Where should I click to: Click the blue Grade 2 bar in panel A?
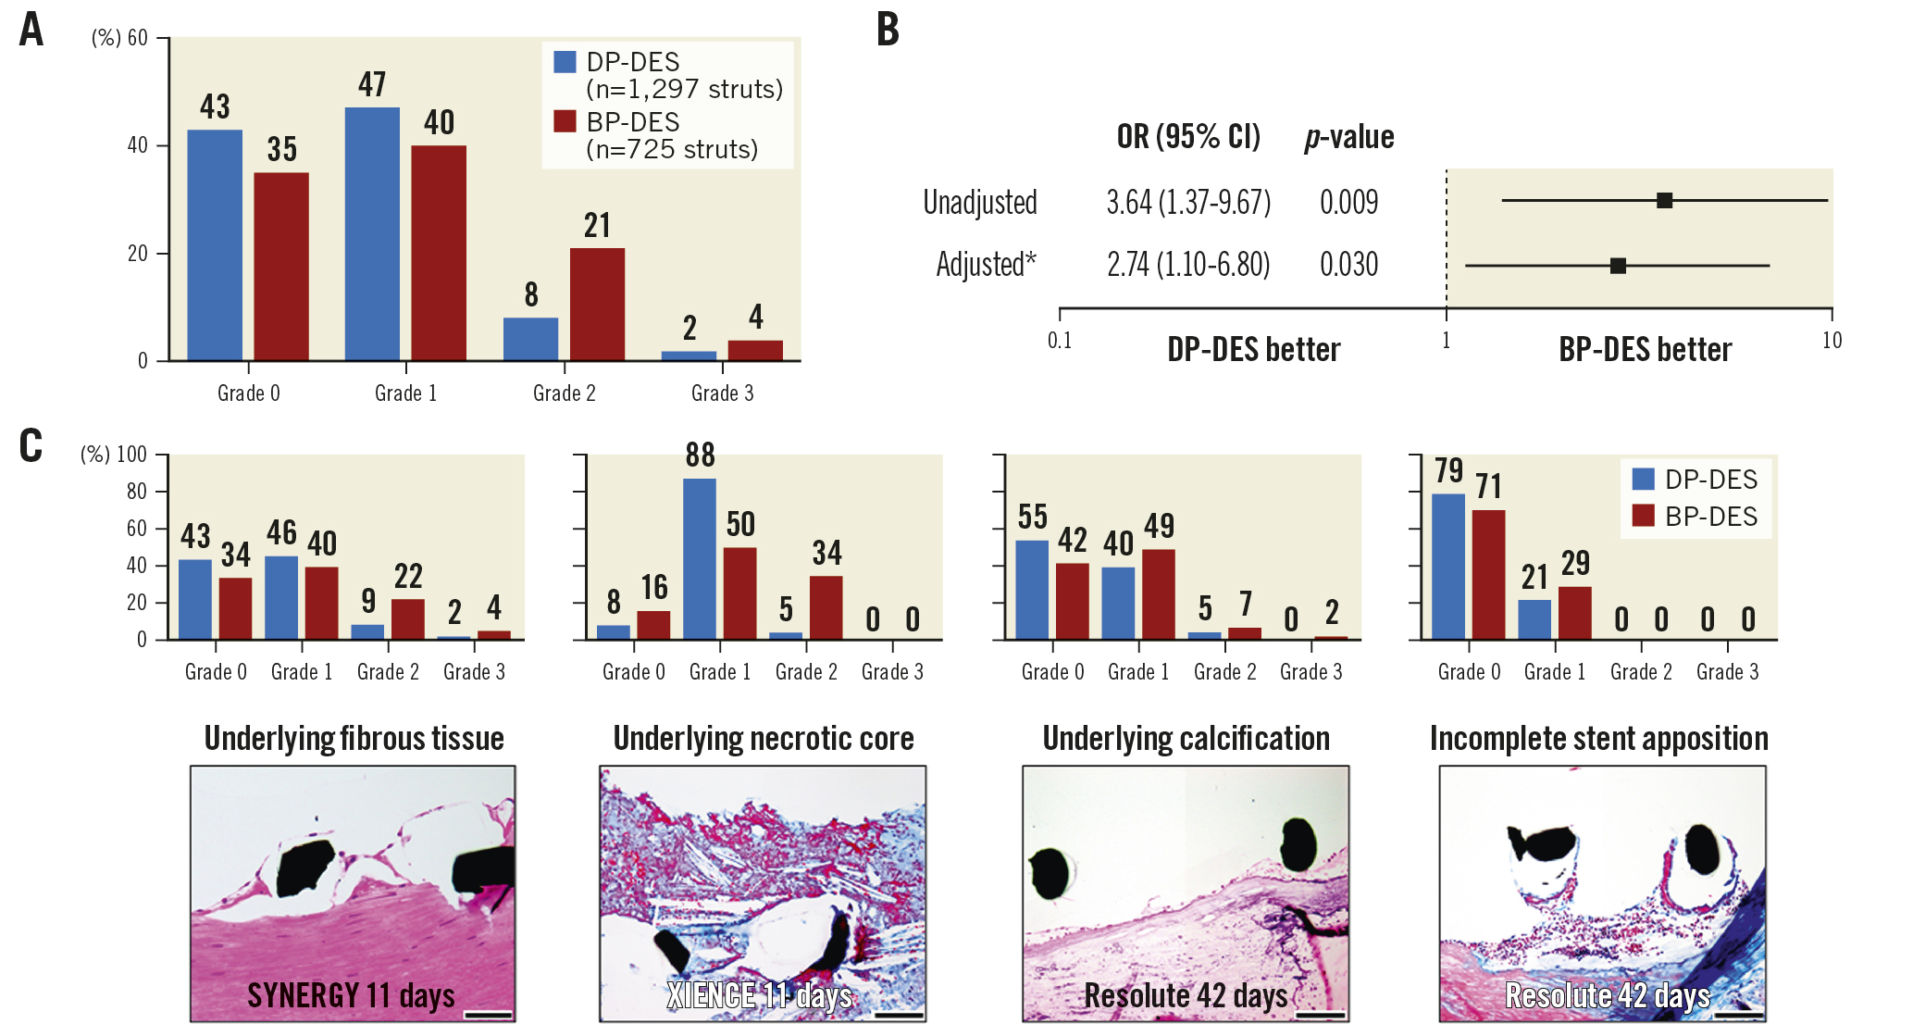pos(530,339)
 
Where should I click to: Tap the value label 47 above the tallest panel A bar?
pos(372,85)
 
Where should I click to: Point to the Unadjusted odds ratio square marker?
pos(1664,200)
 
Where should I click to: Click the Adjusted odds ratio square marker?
pos(1618,266)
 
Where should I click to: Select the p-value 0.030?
pos(1348,265)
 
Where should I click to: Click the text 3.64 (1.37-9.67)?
pos(1188,202)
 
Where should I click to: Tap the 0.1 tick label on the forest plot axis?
pos(1060,341)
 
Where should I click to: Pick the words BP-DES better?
pos(1645,350)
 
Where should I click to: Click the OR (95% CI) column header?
pos(1188,137)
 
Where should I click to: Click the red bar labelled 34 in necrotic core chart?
pos(826,607)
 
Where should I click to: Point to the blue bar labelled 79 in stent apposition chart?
pos(1448,566)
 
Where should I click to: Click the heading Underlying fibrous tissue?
pos(354,739)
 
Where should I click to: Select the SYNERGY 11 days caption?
pos(351,995)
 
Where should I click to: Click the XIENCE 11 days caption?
pos(760,995)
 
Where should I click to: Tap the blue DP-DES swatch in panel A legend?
pos(565,62)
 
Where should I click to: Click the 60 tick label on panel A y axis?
pos(137,38)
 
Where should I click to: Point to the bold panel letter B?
pos(888,30)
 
